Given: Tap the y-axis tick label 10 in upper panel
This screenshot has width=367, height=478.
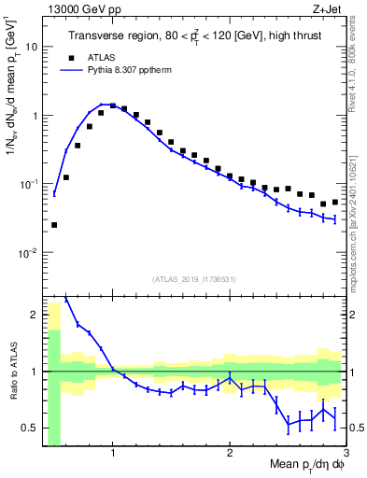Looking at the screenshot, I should [x=32, y=46].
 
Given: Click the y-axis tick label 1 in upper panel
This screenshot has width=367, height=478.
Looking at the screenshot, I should [x=35, y=116].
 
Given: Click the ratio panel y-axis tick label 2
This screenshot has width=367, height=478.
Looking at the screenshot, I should [x=35, y=316].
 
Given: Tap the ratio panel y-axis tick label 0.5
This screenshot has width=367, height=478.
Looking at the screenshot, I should [x=30, y=429].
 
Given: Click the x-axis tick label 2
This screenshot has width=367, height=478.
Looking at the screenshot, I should [x=230, y=453].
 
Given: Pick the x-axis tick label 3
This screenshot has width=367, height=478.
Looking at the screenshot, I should [x=345, y=453].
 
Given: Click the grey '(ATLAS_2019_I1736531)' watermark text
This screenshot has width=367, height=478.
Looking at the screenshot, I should [x=194, y=279].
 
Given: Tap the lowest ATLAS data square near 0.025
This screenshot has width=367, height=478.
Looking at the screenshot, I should [x=54, y=225].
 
